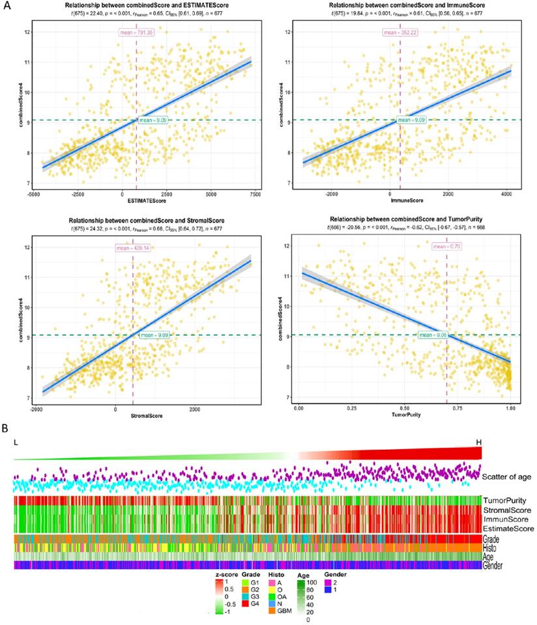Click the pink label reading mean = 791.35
pos(136,31)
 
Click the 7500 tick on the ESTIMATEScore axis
pos(254,194)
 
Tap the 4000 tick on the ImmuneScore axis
pos(505,194)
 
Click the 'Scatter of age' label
pos(507,477)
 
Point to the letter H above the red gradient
pos(479,442)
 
